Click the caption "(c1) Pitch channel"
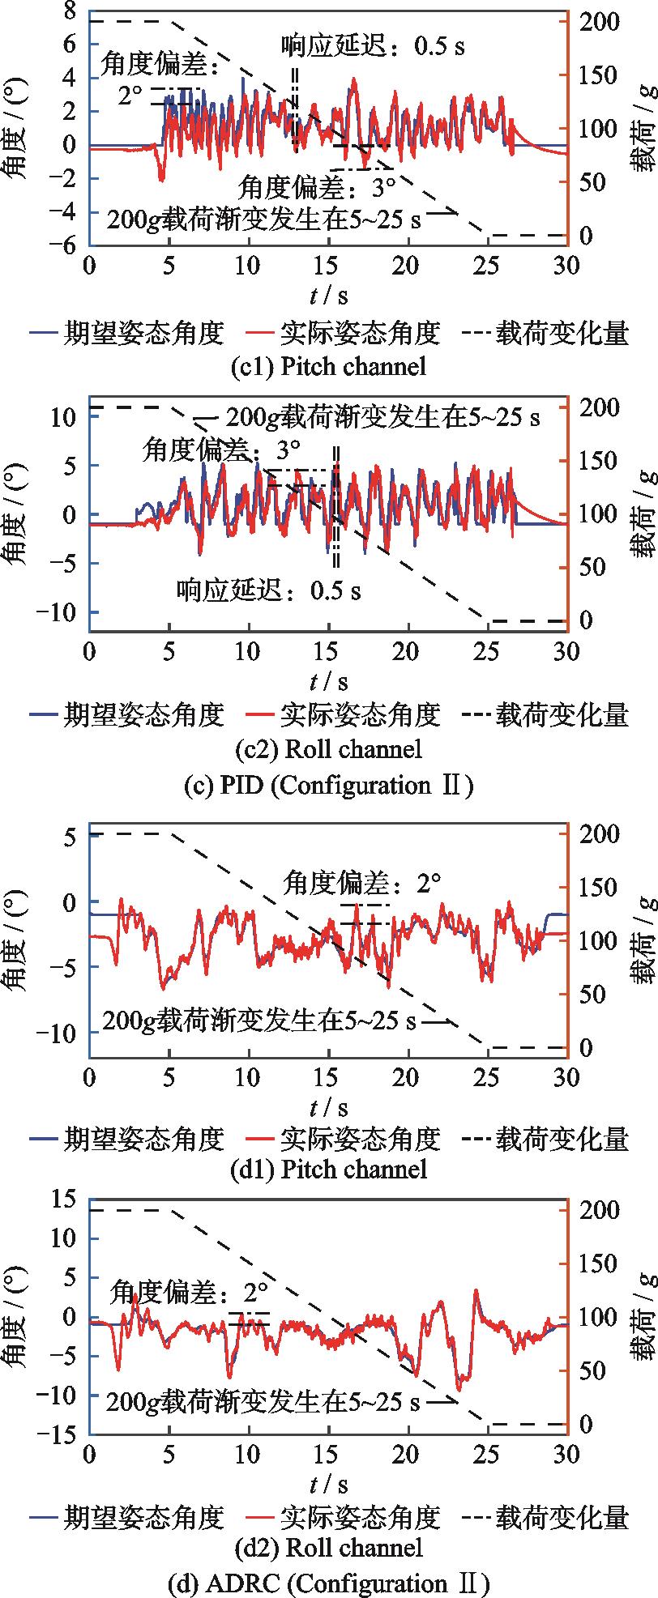(328, 366)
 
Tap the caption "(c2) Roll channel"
(328, 749)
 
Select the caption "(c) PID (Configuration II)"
(328, 785)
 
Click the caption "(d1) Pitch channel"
(328, 1169)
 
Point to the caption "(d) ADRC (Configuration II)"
(328, 1583)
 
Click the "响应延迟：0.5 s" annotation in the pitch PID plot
(373, 46)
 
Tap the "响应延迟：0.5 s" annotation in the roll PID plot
(269, 590)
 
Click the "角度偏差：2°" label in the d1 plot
(362, 884)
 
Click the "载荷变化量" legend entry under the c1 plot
(562, 333)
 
